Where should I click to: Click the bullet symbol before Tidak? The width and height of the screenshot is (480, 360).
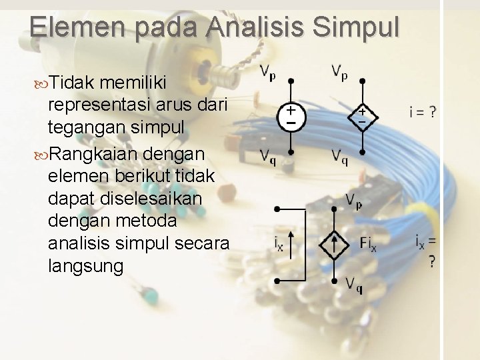click(41, 83)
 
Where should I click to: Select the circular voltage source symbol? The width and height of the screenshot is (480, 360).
click(291, 115)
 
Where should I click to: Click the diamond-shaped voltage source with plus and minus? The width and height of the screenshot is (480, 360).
click(362, 115)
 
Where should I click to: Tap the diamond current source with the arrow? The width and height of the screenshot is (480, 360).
click(333, 244)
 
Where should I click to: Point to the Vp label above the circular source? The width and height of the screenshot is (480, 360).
click(268, 71)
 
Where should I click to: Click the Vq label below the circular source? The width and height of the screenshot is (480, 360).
click(268, 157)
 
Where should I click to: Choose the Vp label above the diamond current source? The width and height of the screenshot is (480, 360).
click(353, 200)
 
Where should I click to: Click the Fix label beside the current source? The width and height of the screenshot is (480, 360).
click(367, 245)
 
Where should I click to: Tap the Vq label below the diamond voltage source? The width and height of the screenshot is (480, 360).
click(340, 157)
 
